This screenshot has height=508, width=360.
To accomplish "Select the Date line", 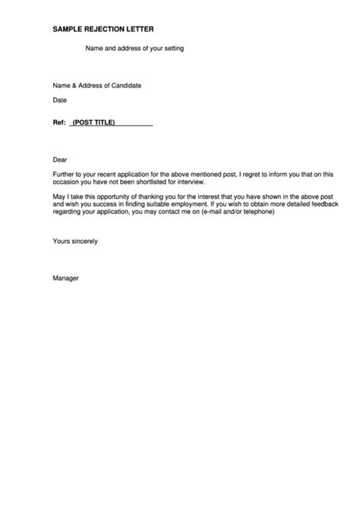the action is pyautogui.click(x=60, y=100).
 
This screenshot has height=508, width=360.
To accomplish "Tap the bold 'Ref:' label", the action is pyautogui.click(x=59, y=121).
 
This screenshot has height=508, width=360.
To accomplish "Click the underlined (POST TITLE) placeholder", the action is pyautogui.click(x=93, y=121).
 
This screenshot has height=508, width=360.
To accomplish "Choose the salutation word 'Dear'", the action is pyautogui.click(x=60, y=160).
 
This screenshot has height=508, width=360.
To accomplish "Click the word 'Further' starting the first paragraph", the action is pyautogui.click(x=64, y=174).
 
